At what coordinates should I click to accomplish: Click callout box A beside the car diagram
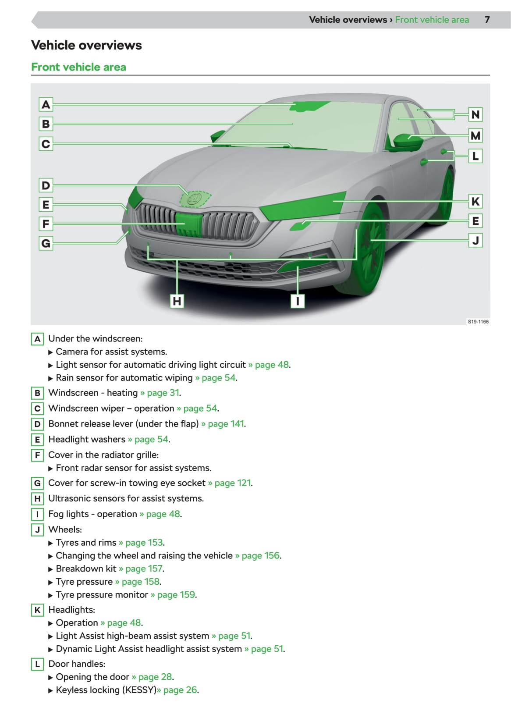point(46,105)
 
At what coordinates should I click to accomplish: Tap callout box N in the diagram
point(475,115)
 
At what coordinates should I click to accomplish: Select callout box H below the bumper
point(177,301)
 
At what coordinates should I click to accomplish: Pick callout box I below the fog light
point(298,301)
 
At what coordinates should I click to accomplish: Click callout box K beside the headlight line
point(475,202)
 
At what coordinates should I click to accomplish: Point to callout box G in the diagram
point(46,243)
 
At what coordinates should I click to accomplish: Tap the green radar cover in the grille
point(188,224)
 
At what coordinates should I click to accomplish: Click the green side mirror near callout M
point(408,141)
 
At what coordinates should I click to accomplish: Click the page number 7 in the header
point(487,20)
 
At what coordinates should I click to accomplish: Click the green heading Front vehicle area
point(79,67)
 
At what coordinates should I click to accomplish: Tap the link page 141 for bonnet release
point(226,424)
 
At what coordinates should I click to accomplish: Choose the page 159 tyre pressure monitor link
point(176,595)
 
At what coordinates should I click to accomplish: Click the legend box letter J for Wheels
point(37,530)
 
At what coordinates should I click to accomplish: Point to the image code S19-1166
point(478,322)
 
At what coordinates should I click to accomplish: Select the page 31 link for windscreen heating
point(163,393)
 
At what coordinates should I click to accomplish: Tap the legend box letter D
point(37,424)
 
